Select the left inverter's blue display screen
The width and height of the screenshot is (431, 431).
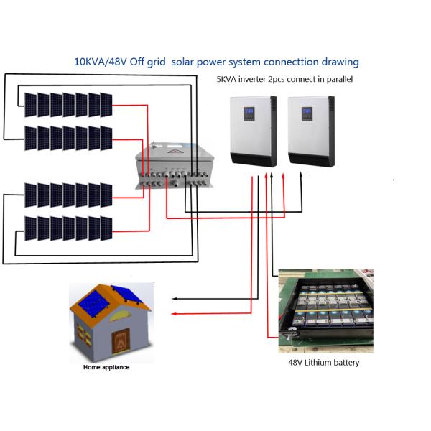coord(249,113)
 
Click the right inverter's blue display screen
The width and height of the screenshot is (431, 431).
coord(307,113)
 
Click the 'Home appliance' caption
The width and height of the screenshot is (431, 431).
coord(106,368)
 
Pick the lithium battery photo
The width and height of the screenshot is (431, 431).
coord(325,310)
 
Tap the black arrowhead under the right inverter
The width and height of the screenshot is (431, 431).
coord(301,175)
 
